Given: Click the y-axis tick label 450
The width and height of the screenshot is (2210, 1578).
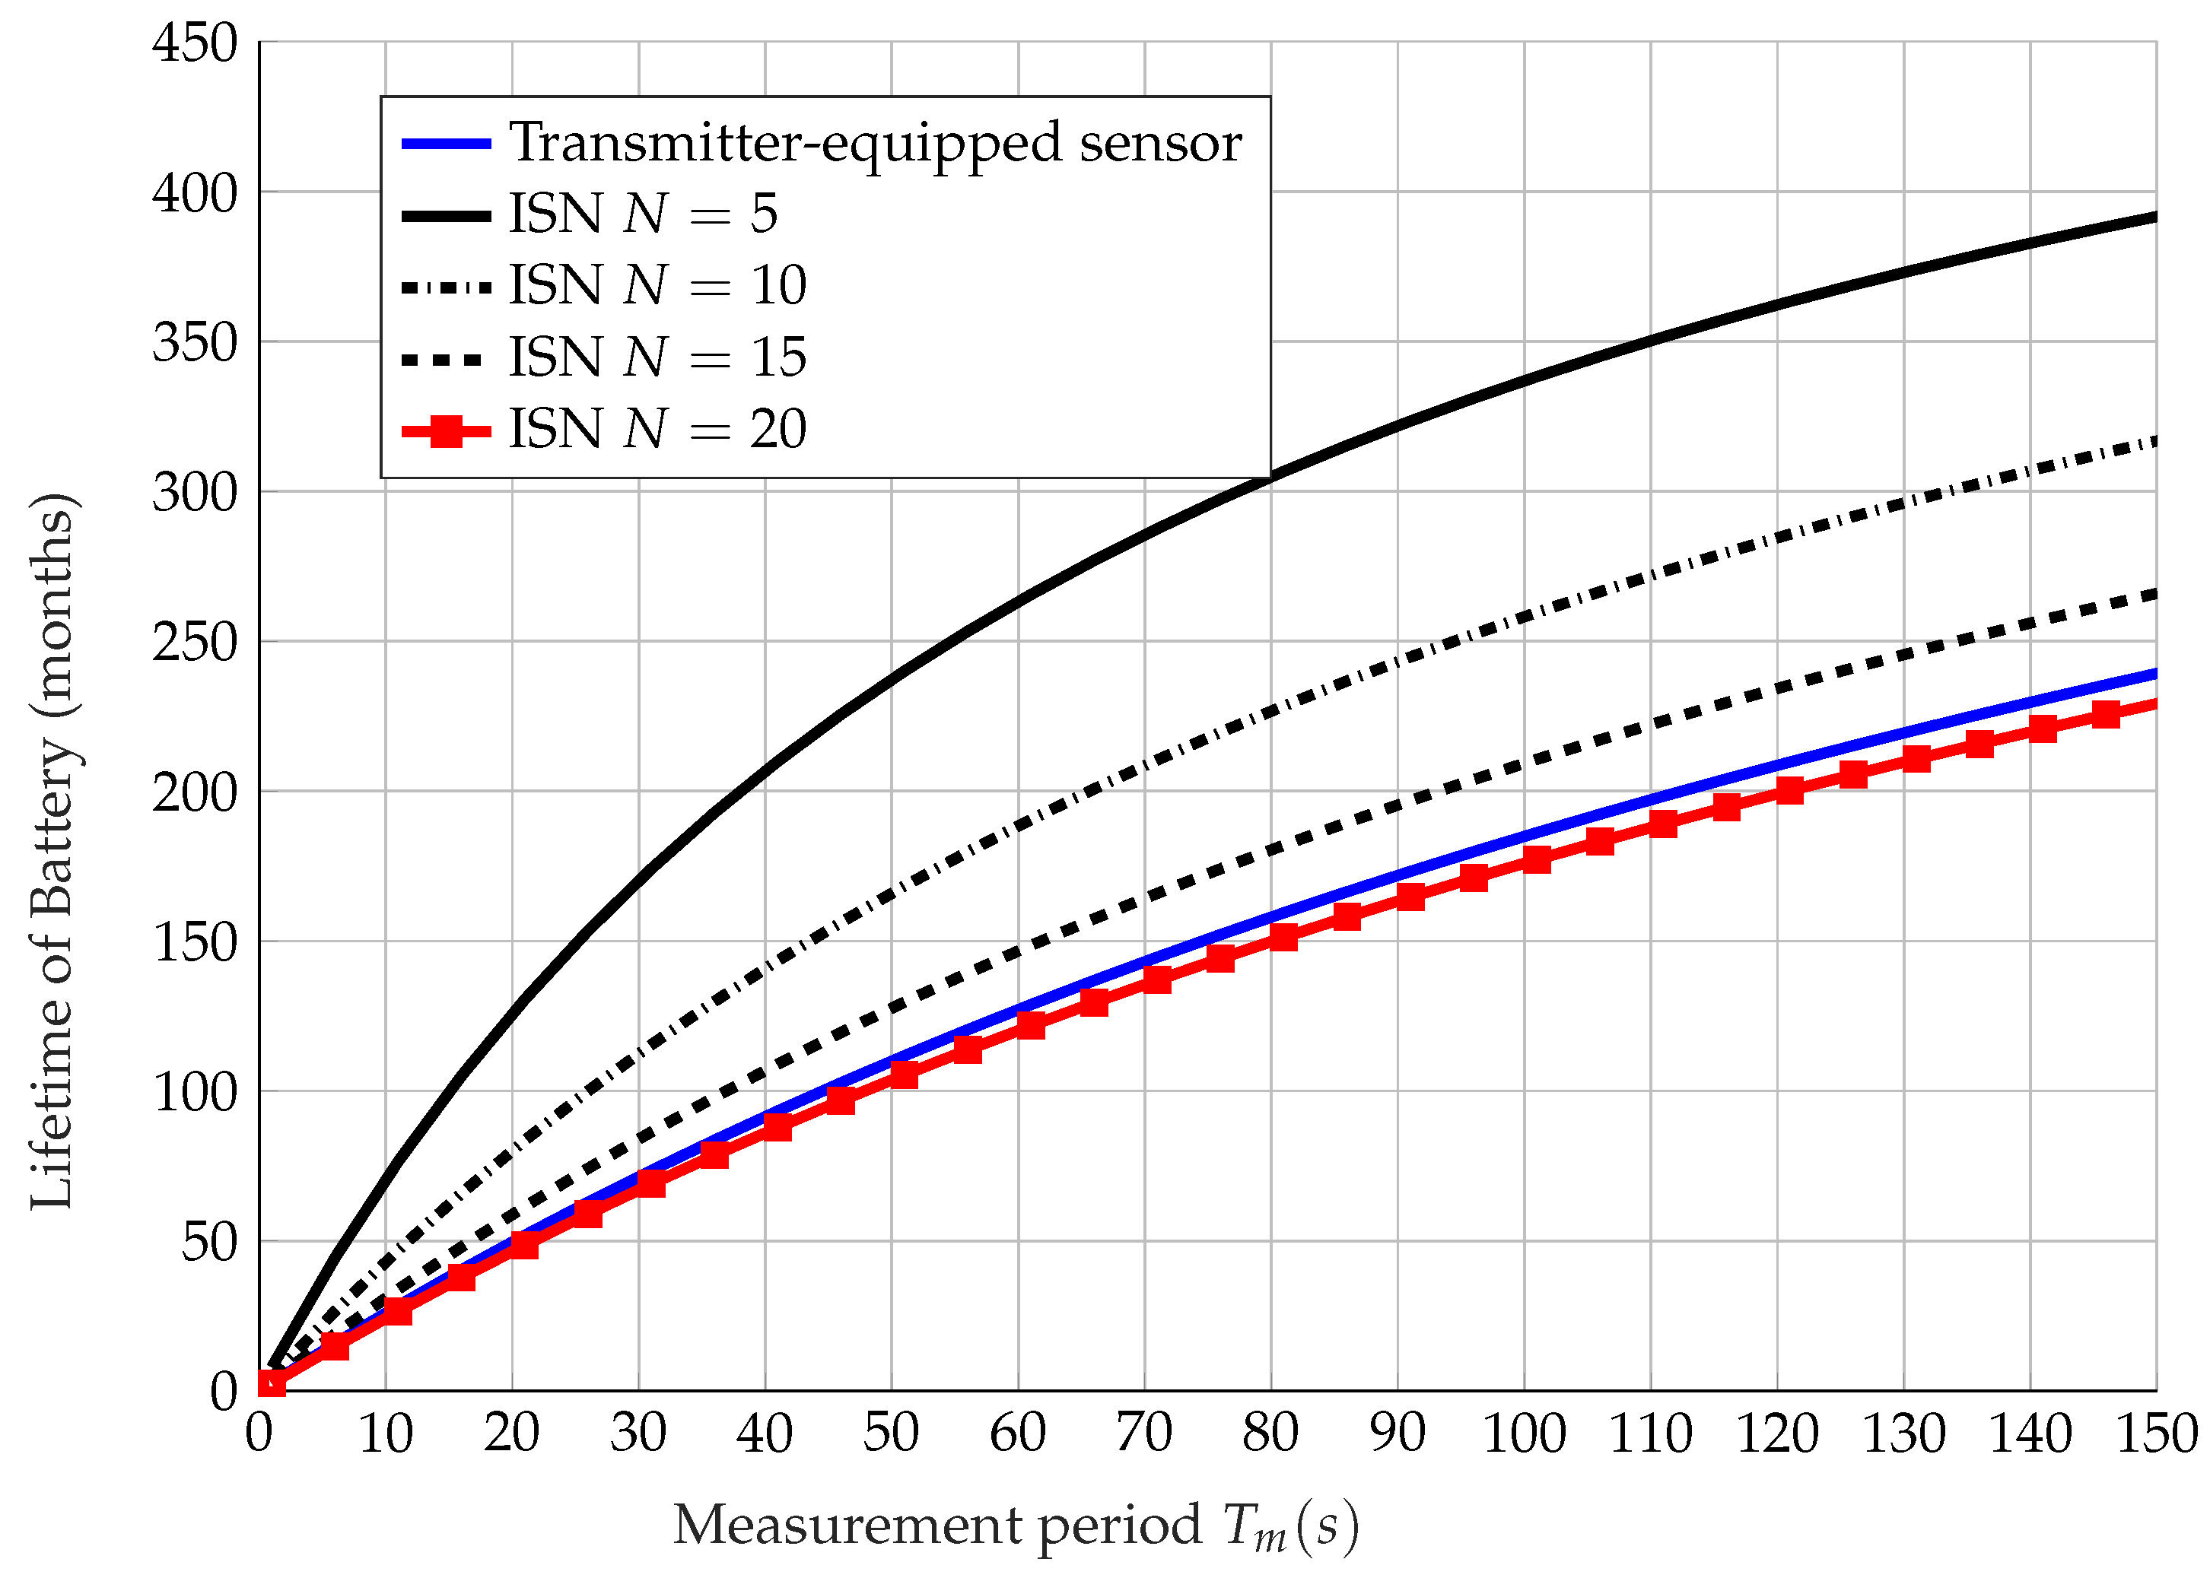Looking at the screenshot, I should [194, 43].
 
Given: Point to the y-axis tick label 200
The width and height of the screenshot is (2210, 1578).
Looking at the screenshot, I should [194, 793].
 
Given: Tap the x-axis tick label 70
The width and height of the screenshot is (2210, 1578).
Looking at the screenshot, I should [1144, 1434].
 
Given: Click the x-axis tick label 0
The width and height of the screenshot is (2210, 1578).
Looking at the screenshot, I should [259, 1434].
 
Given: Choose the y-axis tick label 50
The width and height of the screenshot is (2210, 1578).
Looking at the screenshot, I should [209, 1243].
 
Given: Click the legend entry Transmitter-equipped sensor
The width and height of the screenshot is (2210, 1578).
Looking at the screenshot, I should [875, 143].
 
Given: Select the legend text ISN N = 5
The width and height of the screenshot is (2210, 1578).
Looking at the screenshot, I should [644, 214].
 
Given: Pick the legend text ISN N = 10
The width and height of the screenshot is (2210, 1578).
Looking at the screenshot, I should [658, 286].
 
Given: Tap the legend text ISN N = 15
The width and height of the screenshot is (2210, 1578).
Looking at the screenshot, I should [658, 357].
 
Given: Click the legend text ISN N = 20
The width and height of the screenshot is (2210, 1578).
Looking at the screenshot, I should [658, 430].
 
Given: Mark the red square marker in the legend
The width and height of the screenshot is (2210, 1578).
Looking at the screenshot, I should [446, 430].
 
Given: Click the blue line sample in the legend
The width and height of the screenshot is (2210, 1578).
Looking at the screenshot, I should [446, 144].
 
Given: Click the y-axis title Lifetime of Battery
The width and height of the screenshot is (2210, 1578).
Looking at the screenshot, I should [52, 851].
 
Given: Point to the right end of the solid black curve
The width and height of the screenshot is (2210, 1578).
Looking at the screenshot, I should [2154, 217].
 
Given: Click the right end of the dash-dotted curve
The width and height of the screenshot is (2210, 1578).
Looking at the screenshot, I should [2154, 442].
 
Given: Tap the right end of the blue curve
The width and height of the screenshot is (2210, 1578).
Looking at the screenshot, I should [2154, 673].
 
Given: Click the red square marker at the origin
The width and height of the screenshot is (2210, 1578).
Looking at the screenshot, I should [271, 1382].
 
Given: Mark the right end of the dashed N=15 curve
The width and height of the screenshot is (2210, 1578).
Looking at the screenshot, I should [2154, 594].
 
